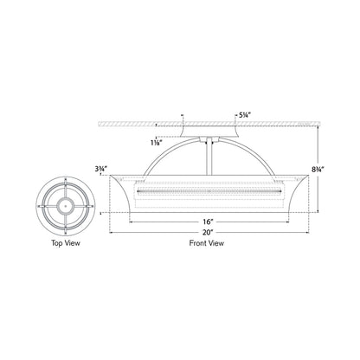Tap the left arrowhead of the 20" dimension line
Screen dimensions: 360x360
coord(112,231)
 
